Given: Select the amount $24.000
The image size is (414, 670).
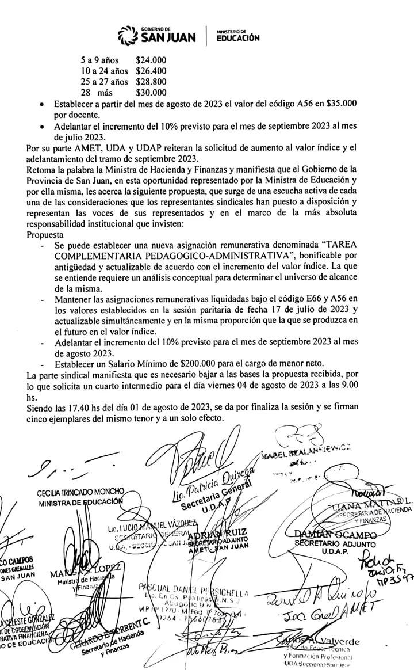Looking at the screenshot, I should click(x=151, y=60).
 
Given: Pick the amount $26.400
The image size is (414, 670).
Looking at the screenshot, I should click(x=151, y=71).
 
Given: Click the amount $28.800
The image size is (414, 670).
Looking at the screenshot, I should click(x=151, y=82).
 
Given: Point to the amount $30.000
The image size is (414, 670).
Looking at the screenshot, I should click(x=151, y=92).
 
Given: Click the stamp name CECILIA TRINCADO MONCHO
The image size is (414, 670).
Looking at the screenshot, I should click(x=80, y=493).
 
